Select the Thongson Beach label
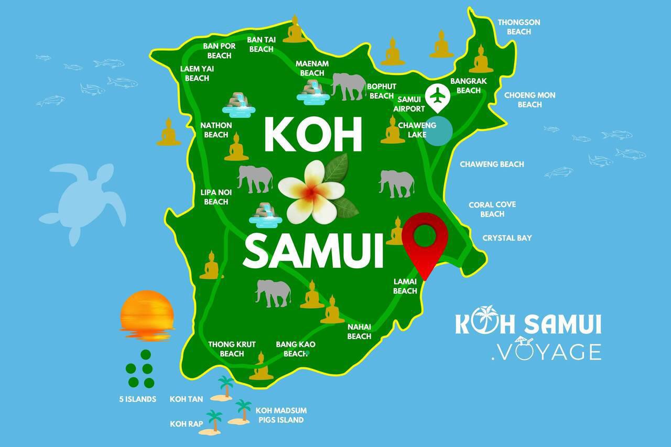click(518, 27)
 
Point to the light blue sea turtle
click(84, 202)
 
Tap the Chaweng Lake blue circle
click(438, 130)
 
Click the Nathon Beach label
click(216, 130)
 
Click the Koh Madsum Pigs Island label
click(280, 415)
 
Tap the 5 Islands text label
click(137, 399)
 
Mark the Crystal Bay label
click(507, 238)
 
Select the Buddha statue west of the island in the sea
click(168, 132)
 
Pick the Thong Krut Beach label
click(232, 349)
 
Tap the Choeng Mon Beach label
click(529, 100)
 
